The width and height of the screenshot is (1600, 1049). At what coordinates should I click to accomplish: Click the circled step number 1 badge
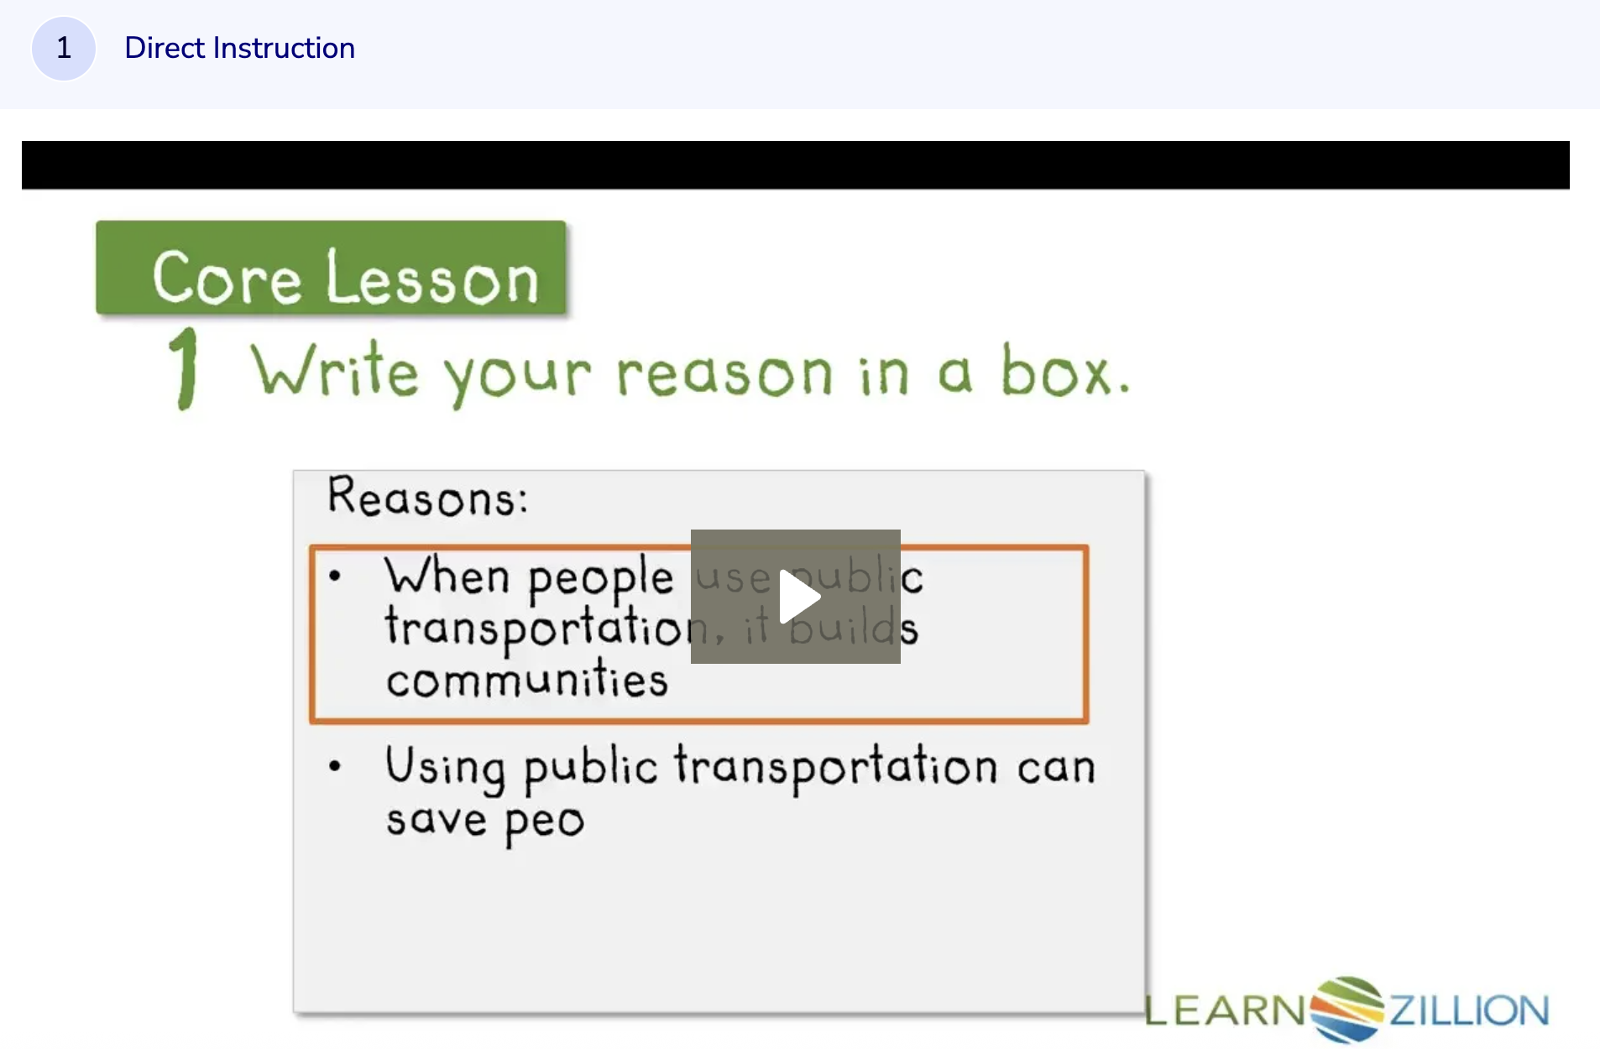point(63,48)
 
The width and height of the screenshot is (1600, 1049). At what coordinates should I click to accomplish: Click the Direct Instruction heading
point(239,48)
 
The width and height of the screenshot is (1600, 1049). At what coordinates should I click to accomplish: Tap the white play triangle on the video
point(797,597)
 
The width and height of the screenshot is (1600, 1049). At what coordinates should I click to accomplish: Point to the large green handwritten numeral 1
point(186,368)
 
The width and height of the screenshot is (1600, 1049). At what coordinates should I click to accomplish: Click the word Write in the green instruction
point(335,370)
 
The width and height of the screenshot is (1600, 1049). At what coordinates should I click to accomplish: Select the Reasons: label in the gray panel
point(427,497)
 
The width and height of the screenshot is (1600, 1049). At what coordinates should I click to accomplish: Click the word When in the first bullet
point(447,577)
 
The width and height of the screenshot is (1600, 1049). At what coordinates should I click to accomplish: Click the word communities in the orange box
point(527,680)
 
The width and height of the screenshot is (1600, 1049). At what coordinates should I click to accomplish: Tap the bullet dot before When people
point(335,576)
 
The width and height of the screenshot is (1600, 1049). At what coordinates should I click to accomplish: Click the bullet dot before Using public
point(335,765)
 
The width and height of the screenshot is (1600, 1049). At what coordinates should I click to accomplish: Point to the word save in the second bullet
point(436,820)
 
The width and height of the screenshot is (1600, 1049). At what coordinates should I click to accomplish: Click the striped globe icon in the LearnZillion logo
point(1346,1009)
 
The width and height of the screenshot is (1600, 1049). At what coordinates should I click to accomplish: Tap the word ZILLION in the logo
point(1469,1010)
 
